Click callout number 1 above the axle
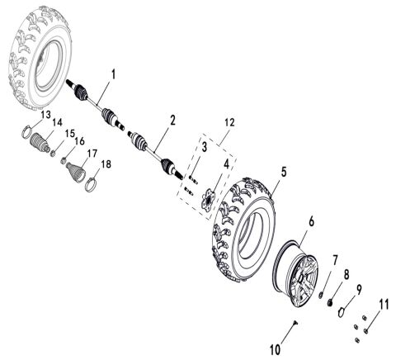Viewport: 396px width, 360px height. click(113, 74)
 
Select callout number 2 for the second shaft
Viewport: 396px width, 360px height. click(172, 121)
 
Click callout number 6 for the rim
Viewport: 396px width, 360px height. click(312, 220)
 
